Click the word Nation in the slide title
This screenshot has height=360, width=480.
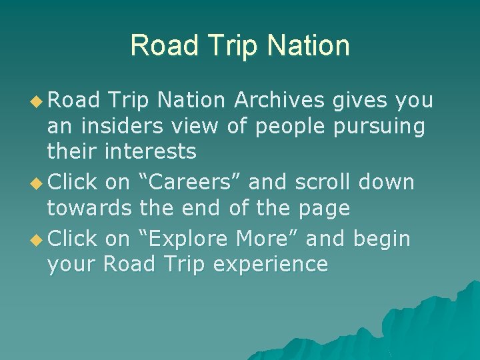(x=309, y=45)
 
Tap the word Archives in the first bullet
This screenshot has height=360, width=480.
(x=279, y=100)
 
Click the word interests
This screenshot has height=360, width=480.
(x=150, y=152)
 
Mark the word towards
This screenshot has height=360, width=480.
(x=89, y=209)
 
